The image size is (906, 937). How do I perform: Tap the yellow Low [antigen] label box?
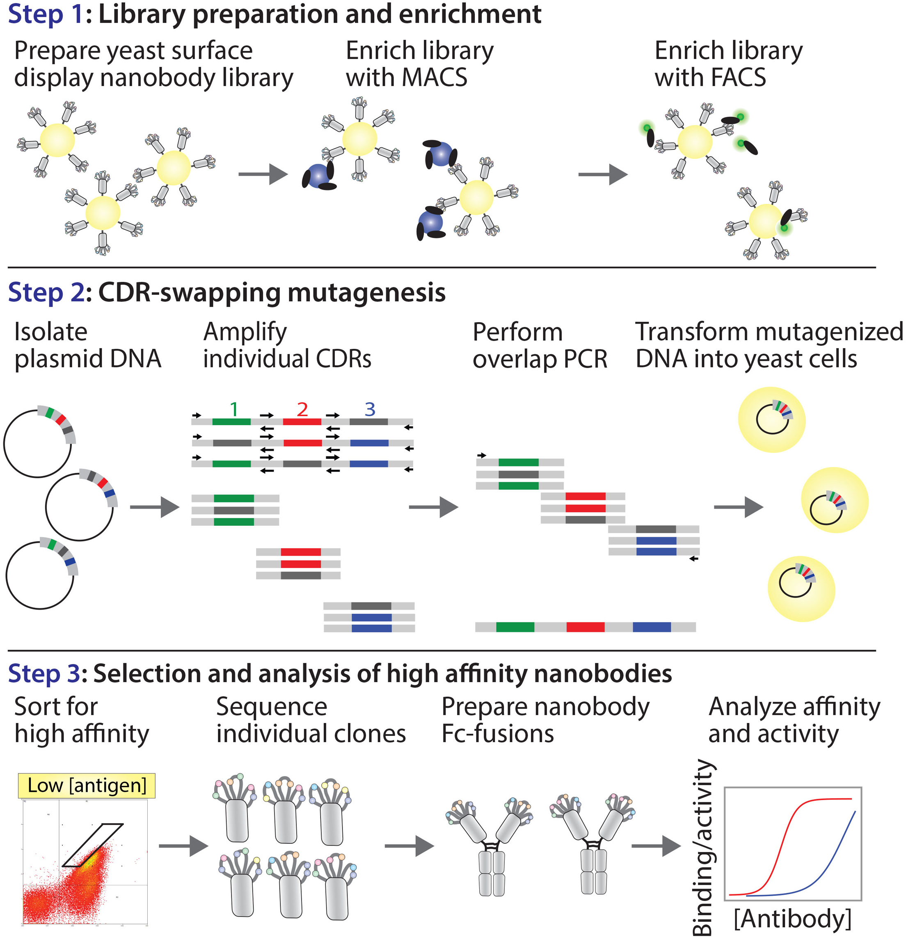point(87,786)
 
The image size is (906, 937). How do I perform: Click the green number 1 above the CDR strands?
point(233,409)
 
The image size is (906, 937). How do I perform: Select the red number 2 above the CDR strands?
point(302,409)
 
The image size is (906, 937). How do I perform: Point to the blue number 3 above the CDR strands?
point(370,409)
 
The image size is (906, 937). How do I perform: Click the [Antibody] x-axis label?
point(792,919)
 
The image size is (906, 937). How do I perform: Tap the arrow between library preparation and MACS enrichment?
point(263,174)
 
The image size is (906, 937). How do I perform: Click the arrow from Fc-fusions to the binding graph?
point(656,846)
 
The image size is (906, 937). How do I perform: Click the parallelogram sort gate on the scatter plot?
point(93,845)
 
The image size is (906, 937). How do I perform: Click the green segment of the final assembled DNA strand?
point(515,627)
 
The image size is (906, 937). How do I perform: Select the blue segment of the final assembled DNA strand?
point(651,627)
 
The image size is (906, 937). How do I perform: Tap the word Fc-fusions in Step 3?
point(497,734)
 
